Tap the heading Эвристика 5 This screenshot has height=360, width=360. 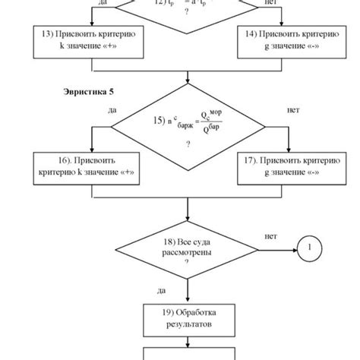[88, 91]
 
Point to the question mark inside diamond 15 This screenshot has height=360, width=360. [187, 144]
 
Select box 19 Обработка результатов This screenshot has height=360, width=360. [186, 318]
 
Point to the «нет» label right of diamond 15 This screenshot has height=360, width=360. [293, 110]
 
